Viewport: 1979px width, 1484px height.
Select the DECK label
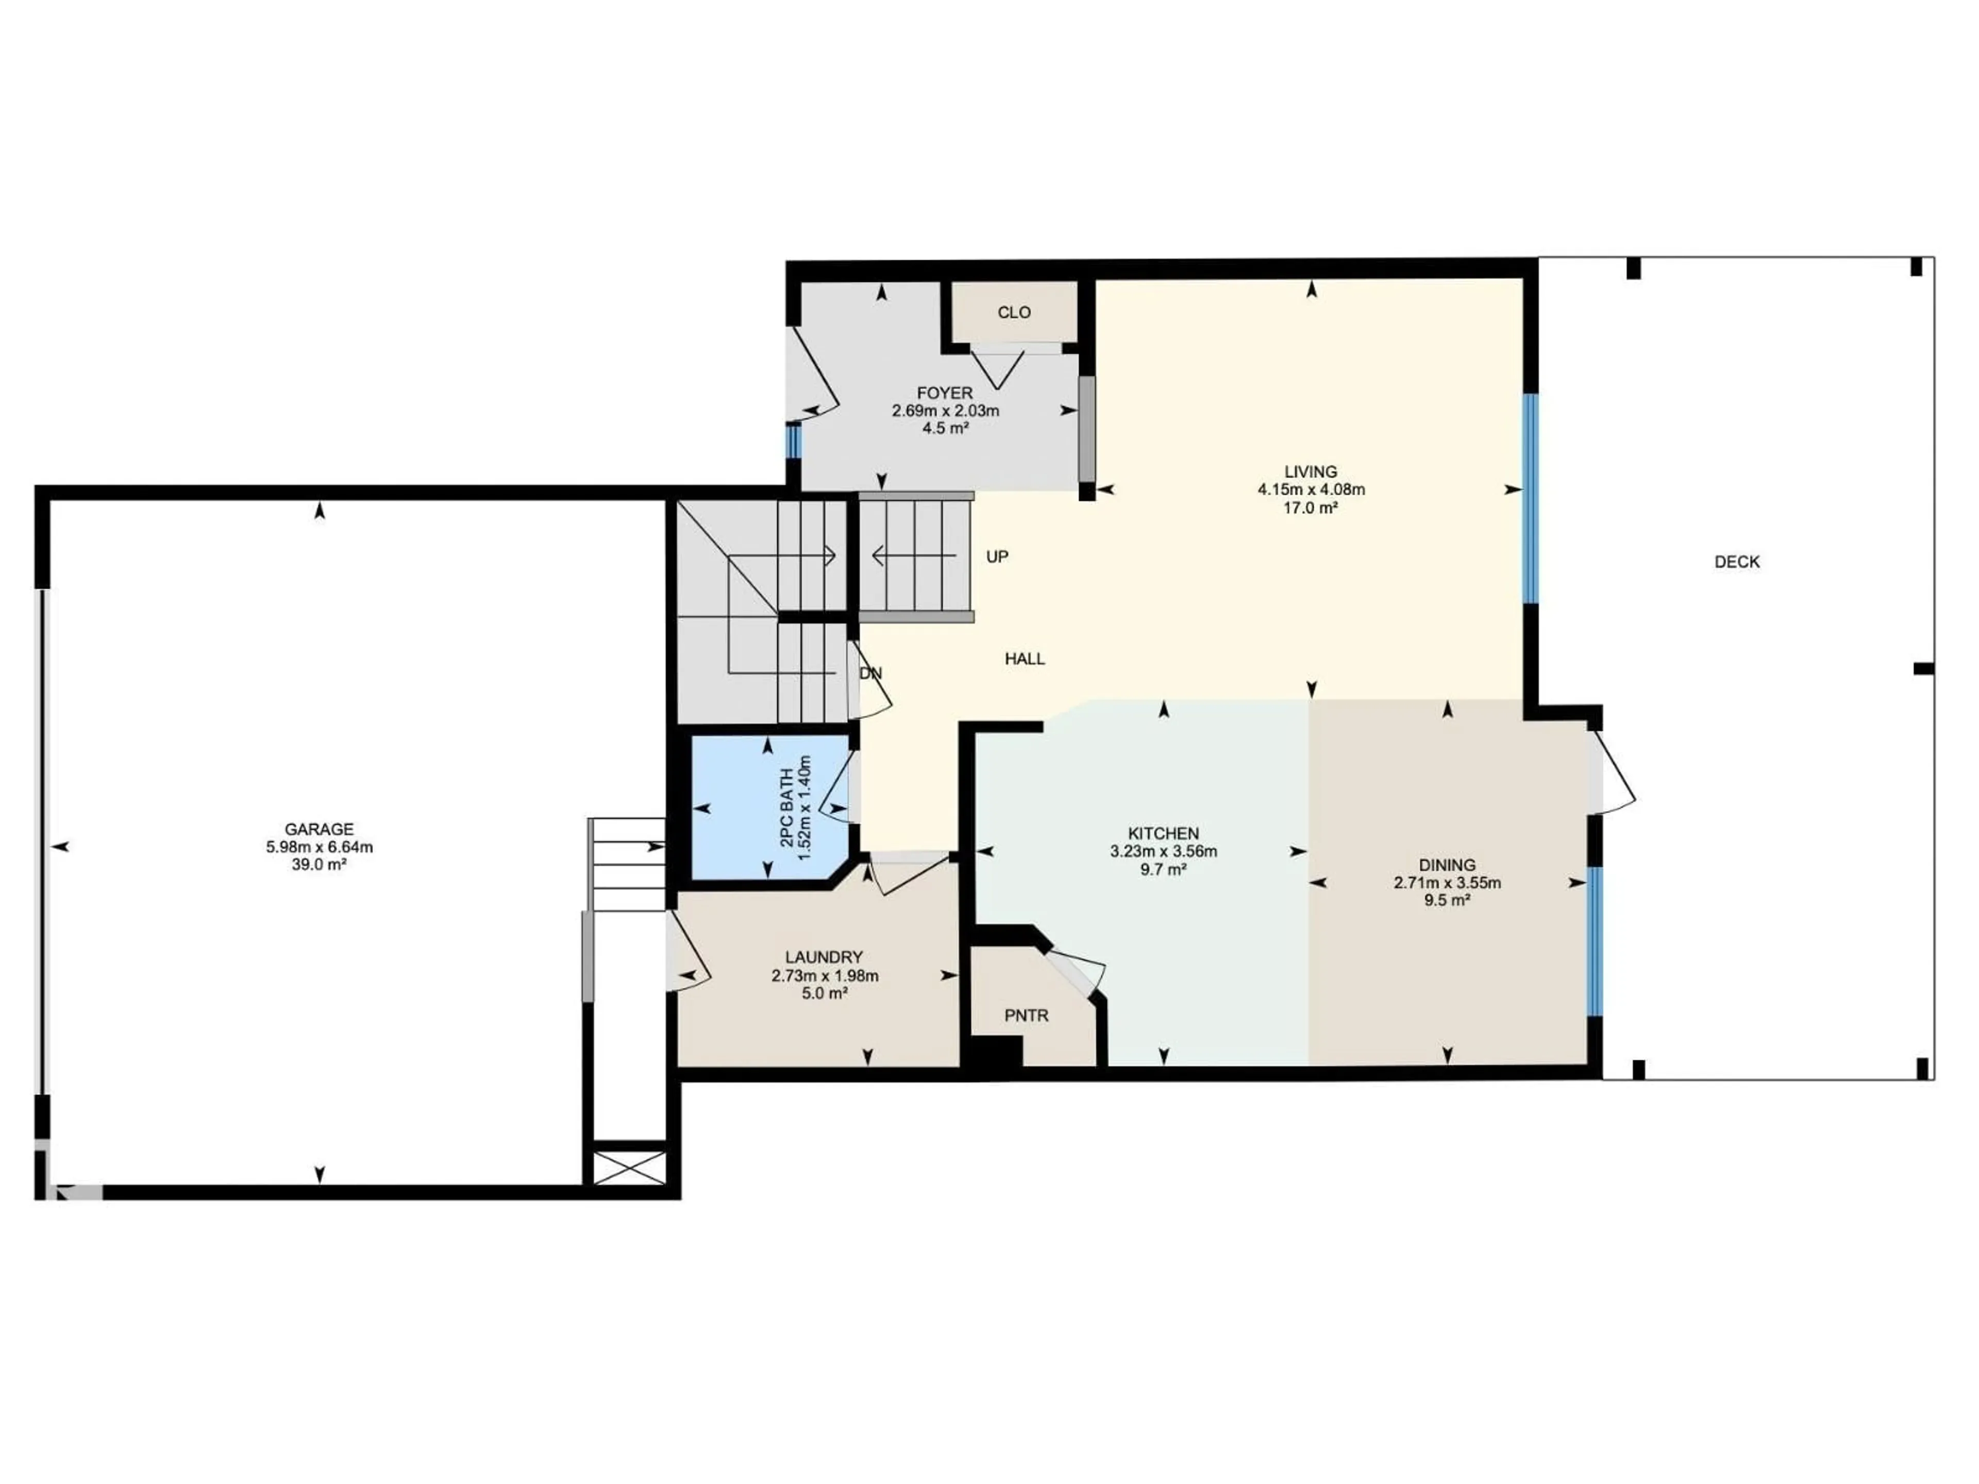point(1737,562)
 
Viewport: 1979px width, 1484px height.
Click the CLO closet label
point(1014,312)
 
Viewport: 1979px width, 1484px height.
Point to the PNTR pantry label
point(1026,1016)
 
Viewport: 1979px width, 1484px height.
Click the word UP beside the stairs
point(997,556)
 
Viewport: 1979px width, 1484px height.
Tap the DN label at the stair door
point(870,672)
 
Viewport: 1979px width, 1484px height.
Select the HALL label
point(1025,659)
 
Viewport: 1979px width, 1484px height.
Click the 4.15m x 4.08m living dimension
point(1311,490)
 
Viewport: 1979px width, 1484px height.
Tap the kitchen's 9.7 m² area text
point(1163,869)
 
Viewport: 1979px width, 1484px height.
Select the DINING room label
point(1447,865)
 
